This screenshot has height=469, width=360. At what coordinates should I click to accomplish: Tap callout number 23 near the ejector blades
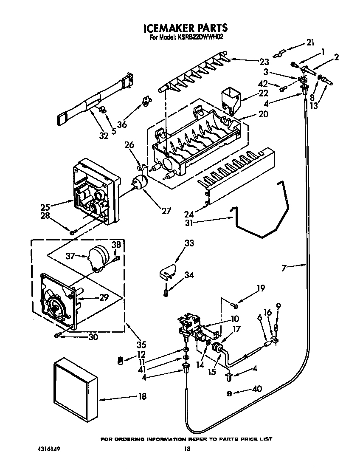tap(264, 61)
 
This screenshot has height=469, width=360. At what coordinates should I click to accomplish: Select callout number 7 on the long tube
tap(285, 267)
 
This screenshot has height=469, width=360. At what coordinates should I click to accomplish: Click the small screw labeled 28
tap(73, 232)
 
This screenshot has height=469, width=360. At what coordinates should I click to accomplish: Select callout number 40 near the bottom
tap(257, 388)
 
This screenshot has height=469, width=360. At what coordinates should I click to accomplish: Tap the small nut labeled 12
tap(120, 360)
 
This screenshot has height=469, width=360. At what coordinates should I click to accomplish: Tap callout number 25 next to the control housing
tap(45, 207)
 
